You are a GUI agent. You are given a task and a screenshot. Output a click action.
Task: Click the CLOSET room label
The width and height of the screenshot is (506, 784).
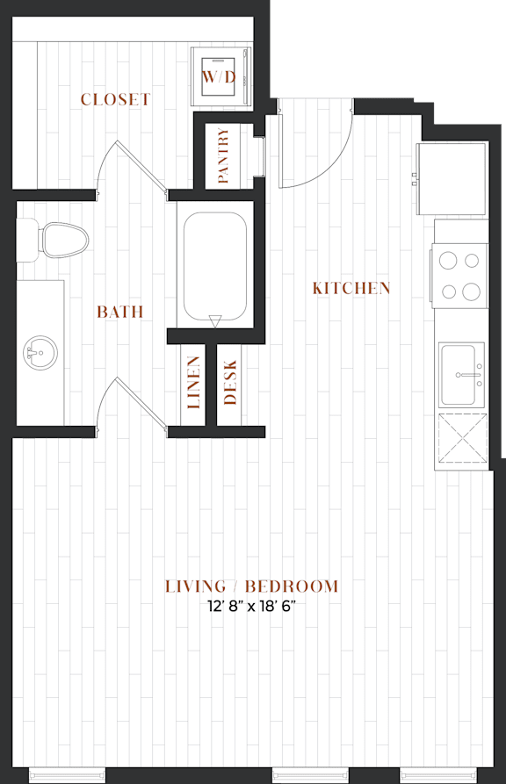point(115,99)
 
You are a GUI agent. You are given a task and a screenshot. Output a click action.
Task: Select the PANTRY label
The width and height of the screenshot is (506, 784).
point(223,155)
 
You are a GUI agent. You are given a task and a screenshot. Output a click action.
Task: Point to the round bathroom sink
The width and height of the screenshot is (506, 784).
point(40,353)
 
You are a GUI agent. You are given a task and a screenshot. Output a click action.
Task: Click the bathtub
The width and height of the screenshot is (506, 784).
point(214,265)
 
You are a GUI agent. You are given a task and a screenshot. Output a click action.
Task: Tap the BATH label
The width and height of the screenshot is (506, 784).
point(120,312)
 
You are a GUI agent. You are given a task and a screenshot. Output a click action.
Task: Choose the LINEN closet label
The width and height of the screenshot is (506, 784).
point(193,383)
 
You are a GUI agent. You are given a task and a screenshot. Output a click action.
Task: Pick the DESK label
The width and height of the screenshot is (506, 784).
point(230,383)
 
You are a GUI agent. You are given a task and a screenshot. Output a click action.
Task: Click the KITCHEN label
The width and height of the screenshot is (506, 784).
point(351,288)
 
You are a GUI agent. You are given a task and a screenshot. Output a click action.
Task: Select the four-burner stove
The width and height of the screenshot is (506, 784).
point(459,276)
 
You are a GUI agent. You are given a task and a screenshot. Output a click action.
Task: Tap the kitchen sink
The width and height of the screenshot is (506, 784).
point(462,375)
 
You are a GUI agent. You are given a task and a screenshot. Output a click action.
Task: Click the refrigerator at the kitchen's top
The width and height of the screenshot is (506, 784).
point(452,178)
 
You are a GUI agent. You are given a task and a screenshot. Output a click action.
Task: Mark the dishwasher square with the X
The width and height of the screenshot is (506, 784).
point(462,438)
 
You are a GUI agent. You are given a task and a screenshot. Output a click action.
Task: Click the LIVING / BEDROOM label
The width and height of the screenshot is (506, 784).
point(252,586)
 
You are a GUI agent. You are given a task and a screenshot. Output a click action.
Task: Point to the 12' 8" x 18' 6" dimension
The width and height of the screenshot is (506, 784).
point(252,607)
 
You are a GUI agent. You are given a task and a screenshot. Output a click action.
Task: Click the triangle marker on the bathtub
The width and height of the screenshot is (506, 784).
point(214,321)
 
